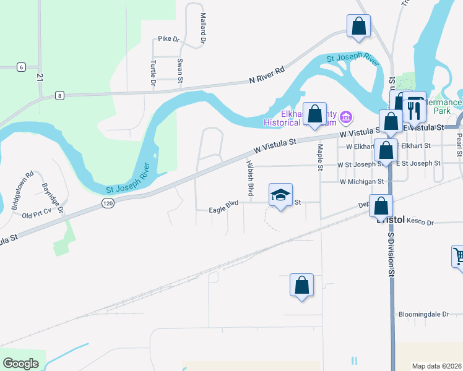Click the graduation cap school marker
pyautogui.click(x=280, y=195)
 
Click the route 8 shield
pyautogui.click(x=59, y=95)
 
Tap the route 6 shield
pyautogui.click(x=21, y=67)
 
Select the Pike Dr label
pyautogui.click(x=168, y=39)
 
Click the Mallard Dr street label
pyautogui.click(x=202, y=28)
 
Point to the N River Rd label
pyautogui.click(x=266, y=75)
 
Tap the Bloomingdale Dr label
pyautogui.click(x=424, y=314)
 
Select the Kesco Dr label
pyautogui.click(x=422, y=223)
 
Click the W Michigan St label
pyautogui.click(x=362, y=182)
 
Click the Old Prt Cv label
pyautogui.click(x=35, y=215)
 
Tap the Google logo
pyautogui.click(x=21, y=363)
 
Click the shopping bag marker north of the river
pyautogui.click(x=358, y=26)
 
